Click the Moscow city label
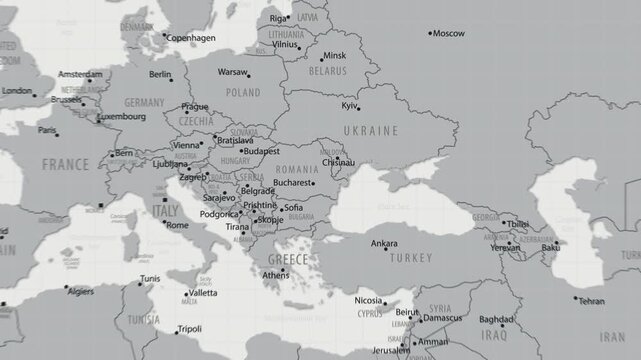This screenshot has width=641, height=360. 449,33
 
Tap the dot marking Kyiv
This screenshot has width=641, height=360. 360,108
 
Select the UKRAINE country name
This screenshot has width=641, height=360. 372,131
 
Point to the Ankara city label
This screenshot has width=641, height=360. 384,243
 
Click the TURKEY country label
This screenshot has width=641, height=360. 410,257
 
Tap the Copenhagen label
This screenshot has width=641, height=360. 191,38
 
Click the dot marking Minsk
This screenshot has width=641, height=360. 322,56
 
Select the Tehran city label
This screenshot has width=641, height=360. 591,301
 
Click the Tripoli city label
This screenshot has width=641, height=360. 189,328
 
